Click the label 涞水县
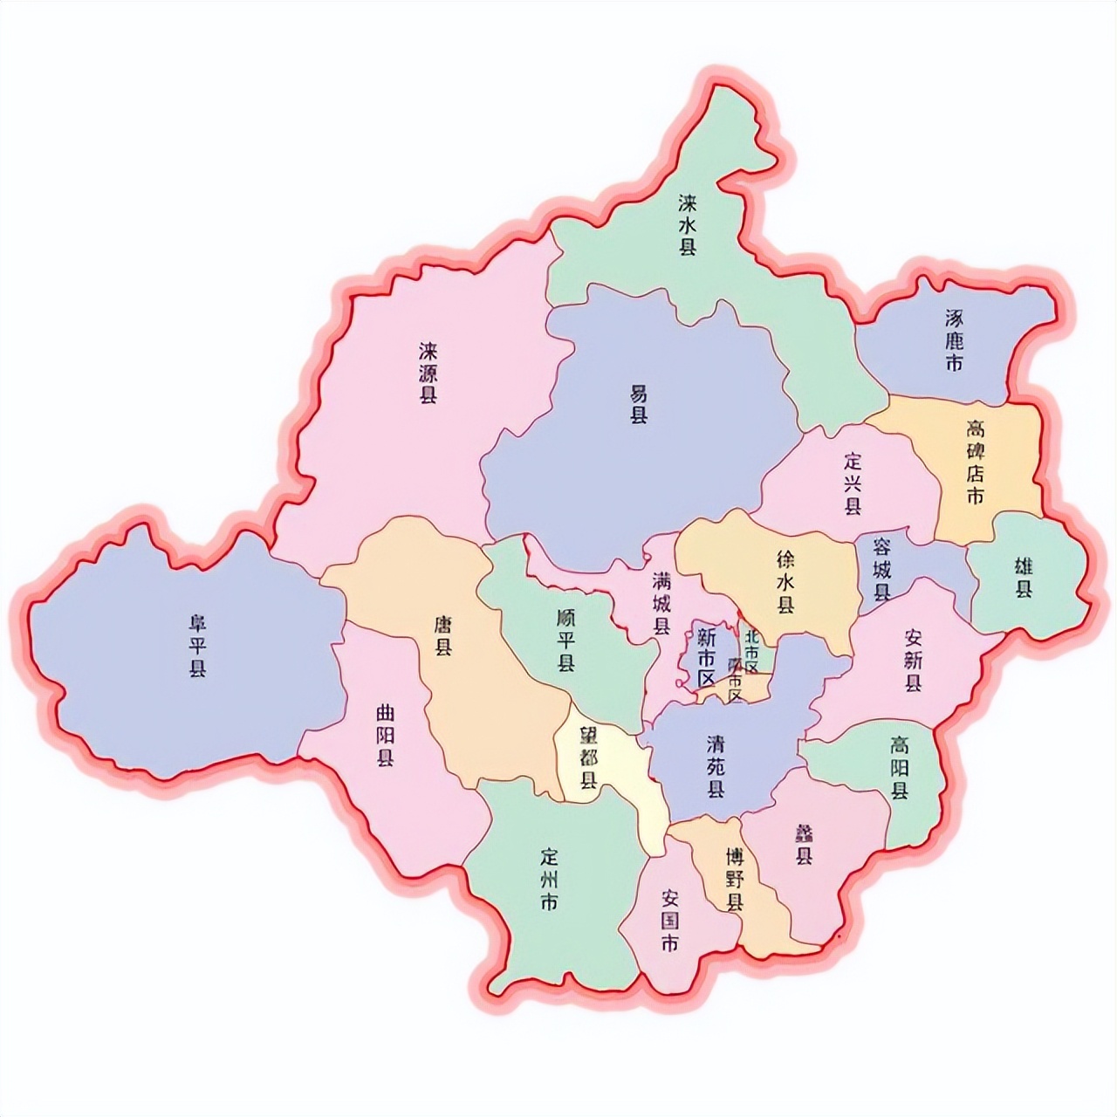[x=689, y=224]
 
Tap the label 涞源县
[x=428, y=373]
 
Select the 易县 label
[x=640, y=404]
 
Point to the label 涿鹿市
[x=954, y=340]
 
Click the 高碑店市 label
[x=975, y=463]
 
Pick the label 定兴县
[x=853, y=483]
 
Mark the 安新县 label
[x=913, y=661]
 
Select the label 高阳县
[x=900, y=768]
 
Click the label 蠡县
[x=803, y=845]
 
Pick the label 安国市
[x=670, y=921]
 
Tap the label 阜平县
[x=198, y=647]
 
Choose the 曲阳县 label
[x=385, y=736]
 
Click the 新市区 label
[x=706, y=656]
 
